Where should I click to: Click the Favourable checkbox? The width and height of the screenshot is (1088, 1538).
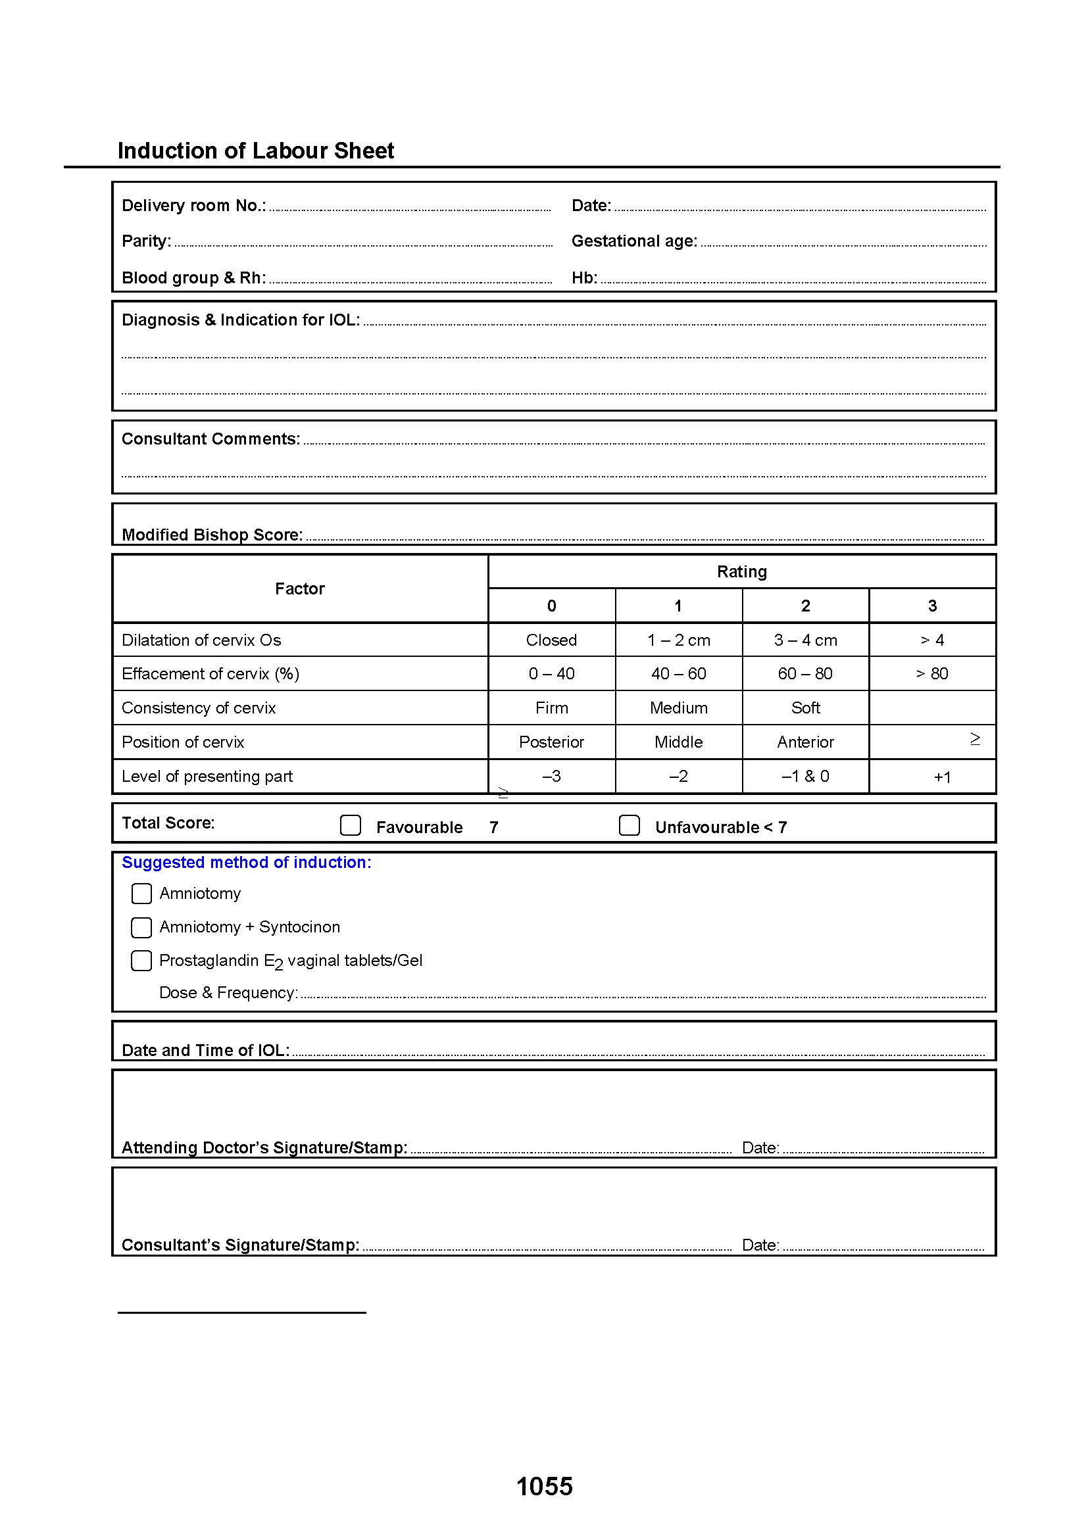(351, 825)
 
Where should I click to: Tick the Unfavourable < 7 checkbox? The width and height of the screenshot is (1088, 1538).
(629, 825)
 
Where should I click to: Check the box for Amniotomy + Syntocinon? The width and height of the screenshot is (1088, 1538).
(141, 927)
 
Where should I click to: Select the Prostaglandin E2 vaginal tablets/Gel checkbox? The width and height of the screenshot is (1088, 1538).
(141, 961)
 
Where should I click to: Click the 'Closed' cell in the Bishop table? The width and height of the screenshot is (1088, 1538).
(551, 640)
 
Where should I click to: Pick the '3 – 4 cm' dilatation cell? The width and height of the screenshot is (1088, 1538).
(805, 640)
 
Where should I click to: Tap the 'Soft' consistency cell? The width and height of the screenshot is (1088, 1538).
(805, 708)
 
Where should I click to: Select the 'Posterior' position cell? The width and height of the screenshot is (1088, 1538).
(551, 742)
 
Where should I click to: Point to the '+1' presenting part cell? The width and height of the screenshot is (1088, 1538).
(942, 777)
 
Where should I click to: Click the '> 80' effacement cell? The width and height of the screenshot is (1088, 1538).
(932, 673)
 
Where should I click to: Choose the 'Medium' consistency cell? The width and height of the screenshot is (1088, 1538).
(679, 708)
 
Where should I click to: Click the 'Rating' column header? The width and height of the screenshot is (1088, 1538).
(741, 571)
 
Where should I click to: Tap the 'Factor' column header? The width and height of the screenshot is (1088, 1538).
(299, 589)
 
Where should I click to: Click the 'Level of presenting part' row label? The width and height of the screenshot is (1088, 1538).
(207, 777)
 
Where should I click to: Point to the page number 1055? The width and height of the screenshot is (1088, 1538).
(545, 1487)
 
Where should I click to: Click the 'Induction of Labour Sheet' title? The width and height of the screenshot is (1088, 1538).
(255, 151)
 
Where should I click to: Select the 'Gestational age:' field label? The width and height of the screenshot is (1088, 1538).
(633, 241)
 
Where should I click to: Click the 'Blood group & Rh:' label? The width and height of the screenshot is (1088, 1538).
(193, 278)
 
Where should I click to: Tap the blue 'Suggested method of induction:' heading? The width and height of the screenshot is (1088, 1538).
(246, 863)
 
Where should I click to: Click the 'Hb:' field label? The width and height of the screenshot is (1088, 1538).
(584, 278)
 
